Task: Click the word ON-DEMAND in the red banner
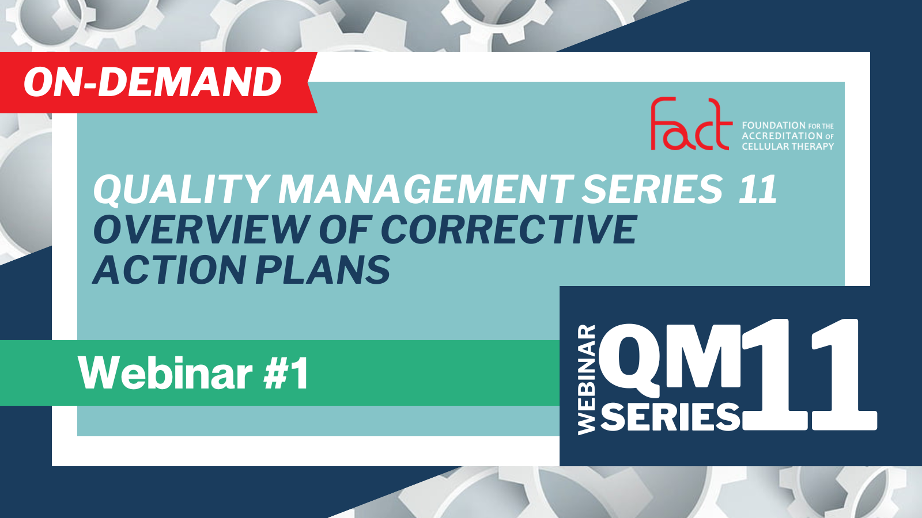tap(153, 82)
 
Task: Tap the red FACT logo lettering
tap(691, 124)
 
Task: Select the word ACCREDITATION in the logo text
tap(782, 136)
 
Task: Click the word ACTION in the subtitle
tap(169, 270)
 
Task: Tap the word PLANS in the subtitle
tap(323, 270)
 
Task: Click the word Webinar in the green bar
tap(165, 374)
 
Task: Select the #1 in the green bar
tap(286, 374)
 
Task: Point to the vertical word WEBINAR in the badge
tap(587, 379)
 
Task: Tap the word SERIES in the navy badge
tap(670, 417)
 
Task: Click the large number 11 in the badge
tap(809, 375)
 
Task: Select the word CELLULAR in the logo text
tap(761, 146)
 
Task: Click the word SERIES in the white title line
tap(652, 189)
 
